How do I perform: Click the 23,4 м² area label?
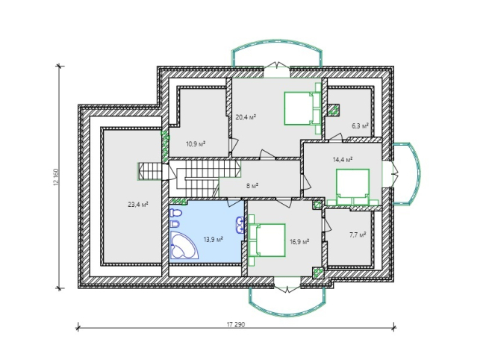coord(138,205)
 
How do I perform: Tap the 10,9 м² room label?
coord(196,144)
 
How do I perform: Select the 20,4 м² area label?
coord(246,117)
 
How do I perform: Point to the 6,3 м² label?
coord(360,125)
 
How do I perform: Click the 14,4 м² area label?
coord(343,160)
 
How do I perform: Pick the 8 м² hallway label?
coord(252,186)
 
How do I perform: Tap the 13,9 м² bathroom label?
coord(213,240)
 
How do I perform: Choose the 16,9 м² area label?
coord(299,241)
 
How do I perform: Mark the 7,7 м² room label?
coord(358,235)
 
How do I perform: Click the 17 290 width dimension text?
coord(236,324)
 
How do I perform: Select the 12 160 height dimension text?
coord(56,177)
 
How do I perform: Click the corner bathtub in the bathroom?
coord(184,245)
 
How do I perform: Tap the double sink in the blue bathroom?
coord(240,225)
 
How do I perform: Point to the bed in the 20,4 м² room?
coord(302,108)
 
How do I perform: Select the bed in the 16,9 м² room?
coord(267,240)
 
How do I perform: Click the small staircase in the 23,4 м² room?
coord(150,171)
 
